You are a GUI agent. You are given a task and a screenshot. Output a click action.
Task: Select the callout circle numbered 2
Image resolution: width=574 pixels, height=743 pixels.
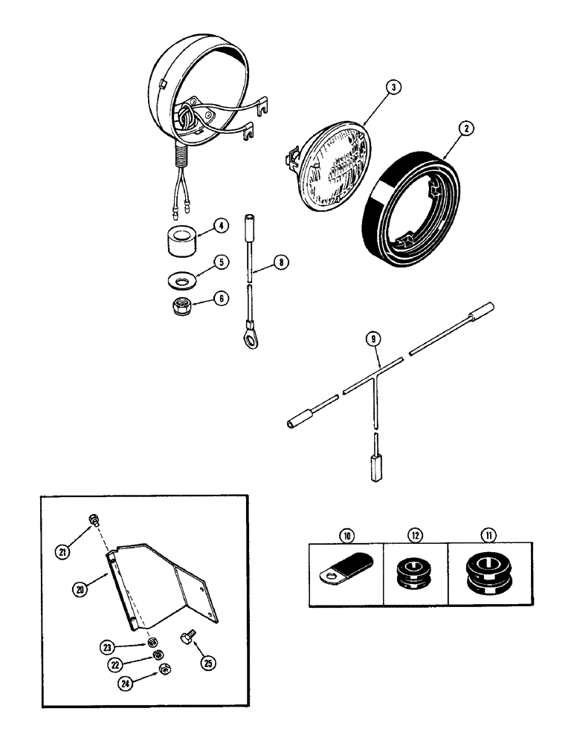(x=465, y=128)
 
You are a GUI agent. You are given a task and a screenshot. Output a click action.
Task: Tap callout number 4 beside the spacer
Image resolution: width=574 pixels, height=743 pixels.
(x=221, y=224)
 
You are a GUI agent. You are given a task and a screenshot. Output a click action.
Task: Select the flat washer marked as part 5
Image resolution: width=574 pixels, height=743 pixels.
(x=178, y=281)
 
